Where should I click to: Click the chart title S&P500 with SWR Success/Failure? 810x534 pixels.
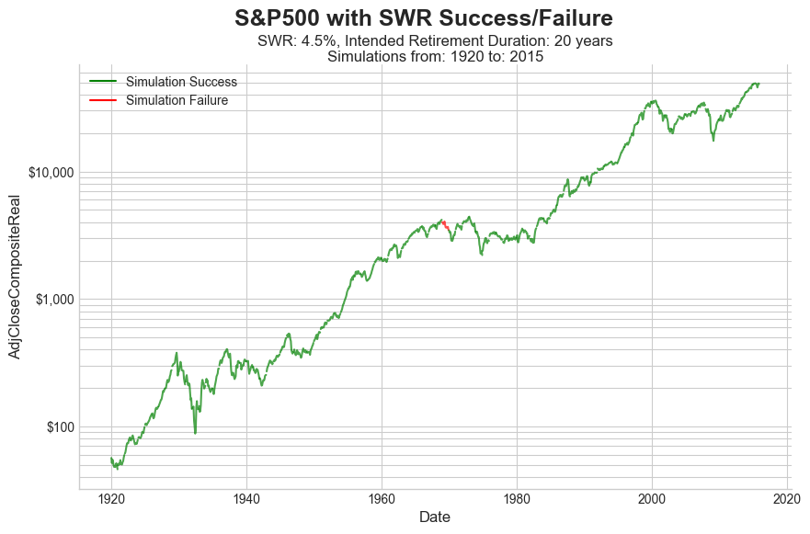423,17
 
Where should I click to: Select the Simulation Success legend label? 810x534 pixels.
181,82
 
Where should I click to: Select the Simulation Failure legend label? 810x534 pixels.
177,100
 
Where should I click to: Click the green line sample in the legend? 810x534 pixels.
103,82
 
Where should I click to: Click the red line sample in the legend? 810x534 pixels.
103,100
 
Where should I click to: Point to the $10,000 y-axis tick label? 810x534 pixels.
47,173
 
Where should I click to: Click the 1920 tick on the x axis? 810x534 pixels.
111,500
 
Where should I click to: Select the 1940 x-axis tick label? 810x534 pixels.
246,500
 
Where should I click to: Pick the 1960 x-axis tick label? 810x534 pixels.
382,500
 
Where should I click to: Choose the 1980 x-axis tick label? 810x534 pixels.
517,500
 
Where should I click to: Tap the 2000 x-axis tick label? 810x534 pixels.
652,500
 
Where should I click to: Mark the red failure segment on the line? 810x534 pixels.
445,224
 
